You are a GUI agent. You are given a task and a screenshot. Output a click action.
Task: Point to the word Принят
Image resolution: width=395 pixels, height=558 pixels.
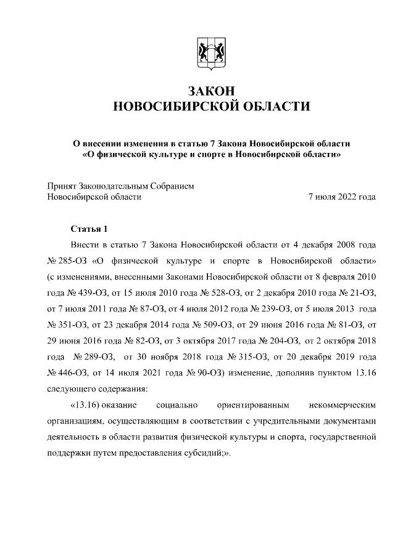(x=62, y=185)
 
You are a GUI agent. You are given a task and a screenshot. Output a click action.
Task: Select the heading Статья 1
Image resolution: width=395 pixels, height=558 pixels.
(x=89, y=229)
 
